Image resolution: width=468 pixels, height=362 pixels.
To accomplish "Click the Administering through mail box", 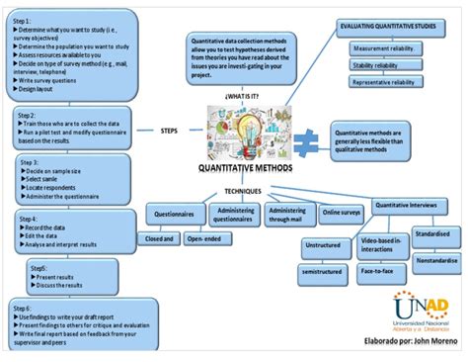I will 287,217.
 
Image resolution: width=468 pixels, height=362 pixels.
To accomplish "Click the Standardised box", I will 431,234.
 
